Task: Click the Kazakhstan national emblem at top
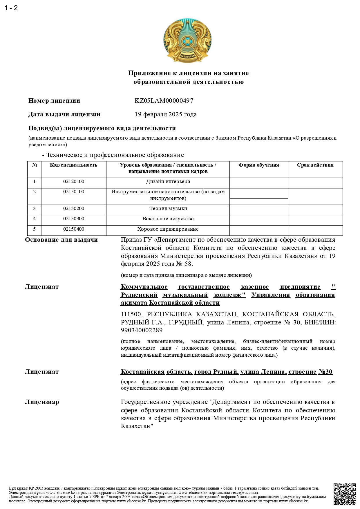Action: coord(187,40)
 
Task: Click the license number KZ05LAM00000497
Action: coord(164,101)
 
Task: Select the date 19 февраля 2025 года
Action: coord(165,114)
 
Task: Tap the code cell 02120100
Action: coord(74,182)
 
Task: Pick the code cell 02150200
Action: coord(74,208)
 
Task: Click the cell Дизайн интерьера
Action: coord(168,182)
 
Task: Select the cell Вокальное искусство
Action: coord(168,219)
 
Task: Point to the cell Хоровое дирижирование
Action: coord(168,229)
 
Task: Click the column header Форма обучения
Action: coord(258,165)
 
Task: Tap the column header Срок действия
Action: coord(315,165)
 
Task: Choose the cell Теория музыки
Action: coord(168,208)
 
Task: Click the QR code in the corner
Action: coord(344,494)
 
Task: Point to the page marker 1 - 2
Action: coord(11,8)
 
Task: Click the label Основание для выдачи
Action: coord(61,240)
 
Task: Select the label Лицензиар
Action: coord(42,402)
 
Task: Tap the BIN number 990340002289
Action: coord(142,330)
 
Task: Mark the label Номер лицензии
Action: coord(54,101)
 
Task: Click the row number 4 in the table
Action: coord(35,219)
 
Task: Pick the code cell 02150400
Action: coord(74,229)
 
